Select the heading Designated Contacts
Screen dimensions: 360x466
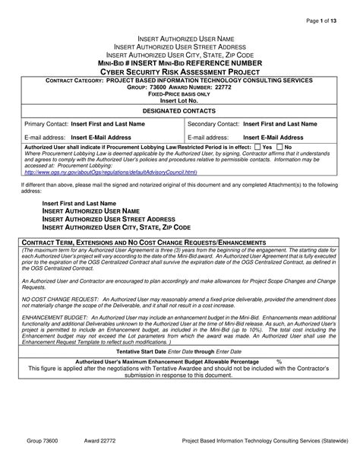coord(179,109)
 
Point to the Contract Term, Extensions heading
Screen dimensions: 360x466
coord(144,241)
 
